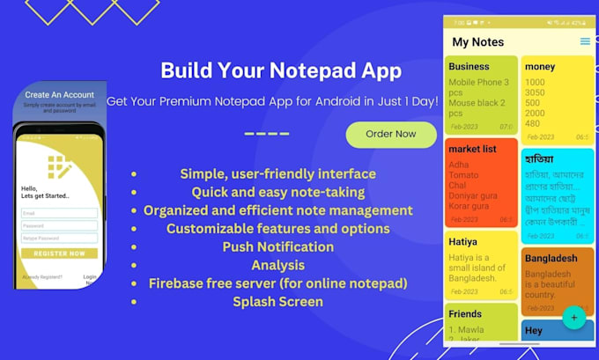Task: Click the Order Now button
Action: tap(390, 135)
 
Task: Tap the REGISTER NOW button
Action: tap(60, 253)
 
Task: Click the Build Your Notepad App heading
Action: tap(282, 70)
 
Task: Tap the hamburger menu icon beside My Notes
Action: tap(585, 41)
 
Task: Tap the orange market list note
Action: tap(481, 182)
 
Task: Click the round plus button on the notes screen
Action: tap(573, 317)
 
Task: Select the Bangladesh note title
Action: tap(551, 258)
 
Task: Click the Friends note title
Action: tap(465, 313)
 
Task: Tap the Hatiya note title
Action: tap(463, 241)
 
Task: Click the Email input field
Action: tap(60, 213)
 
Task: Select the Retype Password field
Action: tap(60, 238)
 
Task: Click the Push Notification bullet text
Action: tap(278, 246)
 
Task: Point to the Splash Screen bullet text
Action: tap(278, 302)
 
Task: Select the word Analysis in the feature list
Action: tap(278, 265)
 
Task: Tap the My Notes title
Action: tap(477, 42)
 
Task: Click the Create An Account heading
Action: tap(60, 95)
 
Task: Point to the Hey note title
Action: tap(534, 331)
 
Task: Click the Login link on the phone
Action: tap(90, 276)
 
